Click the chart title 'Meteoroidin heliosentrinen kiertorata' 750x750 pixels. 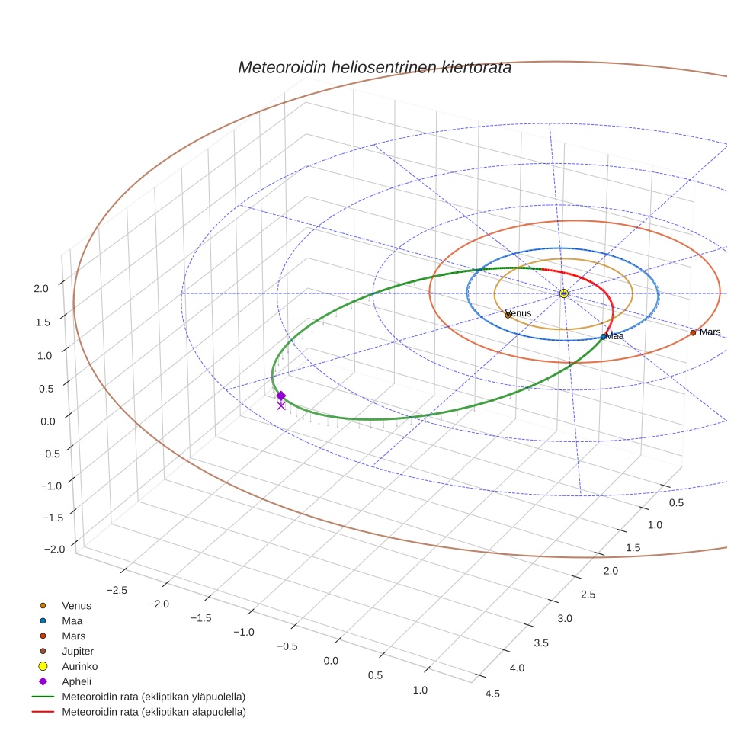374,67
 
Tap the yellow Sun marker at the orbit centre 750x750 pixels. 563,293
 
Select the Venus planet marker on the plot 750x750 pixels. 508,315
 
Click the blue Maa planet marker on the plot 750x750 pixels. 604,336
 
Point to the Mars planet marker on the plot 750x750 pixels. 693,332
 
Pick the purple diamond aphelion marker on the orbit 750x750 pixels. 281,396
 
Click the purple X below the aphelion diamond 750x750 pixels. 281,406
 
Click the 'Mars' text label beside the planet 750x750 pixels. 710,332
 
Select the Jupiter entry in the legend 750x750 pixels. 78,651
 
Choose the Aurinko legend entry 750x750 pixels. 79,666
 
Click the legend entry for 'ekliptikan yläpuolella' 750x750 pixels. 153,697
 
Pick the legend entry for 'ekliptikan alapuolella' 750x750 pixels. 153,712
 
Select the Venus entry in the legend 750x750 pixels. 76,606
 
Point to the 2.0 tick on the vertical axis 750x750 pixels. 40,288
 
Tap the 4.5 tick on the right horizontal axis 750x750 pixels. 492,693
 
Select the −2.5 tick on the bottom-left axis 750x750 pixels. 116,589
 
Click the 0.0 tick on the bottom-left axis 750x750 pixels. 330,660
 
